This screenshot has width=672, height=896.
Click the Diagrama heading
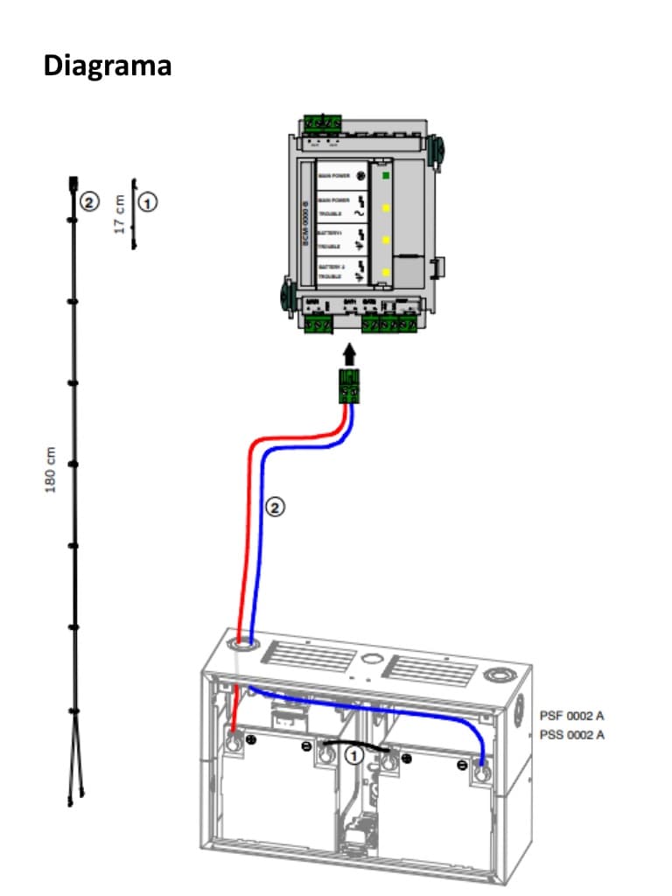click(x=107, y=66)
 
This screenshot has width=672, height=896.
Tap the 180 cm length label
click(x=50, y=470)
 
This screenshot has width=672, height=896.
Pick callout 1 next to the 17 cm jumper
click(x=149, y=202)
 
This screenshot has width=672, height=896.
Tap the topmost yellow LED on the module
click(x=385, y=208)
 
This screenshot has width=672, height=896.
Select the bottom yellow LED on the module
click(x=385, y=272)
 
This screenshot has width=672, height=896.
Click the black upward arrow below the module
click(x=350, y=354)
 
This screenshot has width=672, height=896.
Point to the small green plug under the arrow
click(x=350, y=387)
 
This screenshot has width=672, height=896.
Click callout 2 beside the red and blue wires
click(x=275, y=506)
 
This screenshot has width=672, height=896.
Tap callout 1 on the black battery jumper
click(x=353, y=754)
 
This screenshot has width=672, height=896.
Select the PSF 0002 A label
click(x=571, y=716)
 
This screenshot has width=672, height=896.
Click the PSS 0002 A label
click(x=571, y=735)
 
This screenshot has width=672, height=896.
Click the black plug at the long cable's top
click(x=73, y=185)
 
